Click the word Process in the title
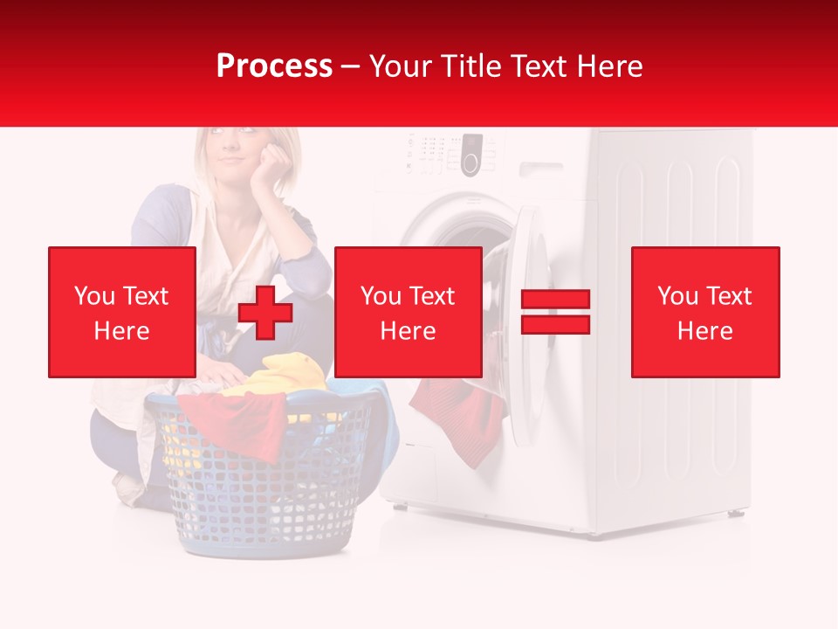pyautogui.click(x=274, y=66)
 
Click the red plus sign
pyautogui.click(x=265, y=313)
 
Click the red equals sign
pyautogui.click(x=555, y=312)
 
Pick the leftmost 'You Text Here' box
pyautogui.click(x=122, y=312)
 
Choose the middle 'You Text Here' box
pyautogui.click(x=408, y=312)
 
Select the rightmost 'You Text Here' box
pyautogui.click(x=704, y=312)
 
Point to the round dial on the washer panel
pyautogui.click(x=471, y=162)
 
